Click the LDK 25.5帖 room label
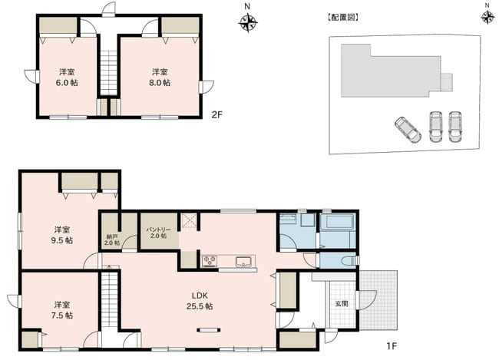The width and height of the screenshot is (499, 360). [x=200, y=301]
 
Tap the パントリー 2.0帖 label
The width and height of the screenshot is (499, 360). [x=158, y=233]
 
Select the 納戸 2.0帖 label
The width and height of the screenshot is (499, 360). [x=112, y=239]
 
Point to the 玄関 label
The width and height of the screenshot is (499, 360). [x=341, y=304]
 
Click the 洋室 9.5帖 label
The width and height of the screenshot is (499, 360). [x=62, y=235]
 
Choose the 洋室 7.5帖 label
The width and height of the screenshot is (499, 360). [x=62, y=310]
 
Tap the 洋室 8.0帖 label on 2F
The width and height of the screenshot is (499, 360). [x=160, y=78]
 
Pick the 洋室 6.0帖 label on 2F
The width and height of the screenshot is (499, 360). [x=67, y=78]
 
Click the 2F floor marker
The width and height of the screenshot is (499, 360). [x=216, y=114]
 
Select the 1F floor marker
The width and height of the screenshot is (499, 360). [x=392, y=345]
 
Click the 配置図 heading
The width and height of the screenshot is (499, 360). [x=343, y=18]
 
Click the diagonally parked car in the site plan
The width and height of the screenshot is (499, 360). [x=408, y=130]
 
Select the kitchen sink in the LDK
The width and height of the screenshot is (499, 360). [x=244, y=262]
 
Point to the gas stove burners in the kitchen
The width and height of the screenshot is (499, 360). [x=210, y=261]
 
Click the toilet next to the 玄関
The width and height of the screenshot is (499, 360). [x=349, y=261]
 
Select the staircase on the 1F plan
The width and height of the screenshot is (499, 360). [x=110, y=298]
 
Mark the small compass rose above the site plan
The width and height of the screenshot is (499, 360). [x=487, y=18]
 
